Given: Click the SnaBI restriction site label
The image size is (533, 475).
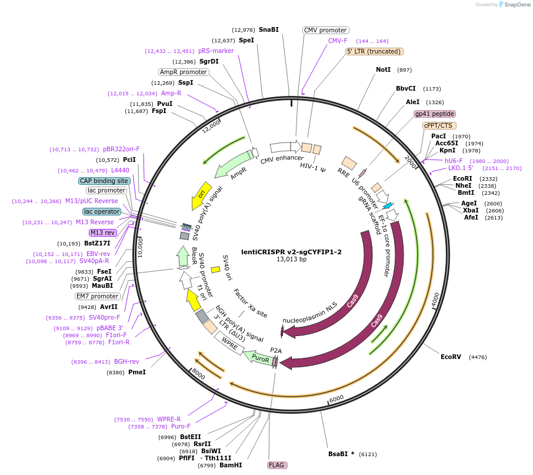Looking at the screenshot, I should [268, 29].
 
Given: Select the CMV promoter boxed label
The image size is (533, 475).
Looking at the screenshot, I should [325, 30].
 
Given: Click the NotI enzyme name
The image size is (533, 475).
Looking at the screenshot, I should [383, 69].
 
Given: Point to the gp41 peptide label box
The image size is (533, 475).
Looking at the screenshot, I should [434, 114].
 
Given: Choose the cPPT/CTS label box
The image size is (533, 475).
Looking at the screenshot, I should [438, 125].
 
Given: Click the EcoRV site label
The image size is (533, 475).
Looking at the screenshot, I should [451, 357].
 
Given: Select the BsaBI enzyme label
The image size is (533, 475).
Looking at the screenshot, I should [339, 454].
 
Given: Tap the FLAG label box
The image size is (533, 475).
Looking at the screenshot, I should [277, 465].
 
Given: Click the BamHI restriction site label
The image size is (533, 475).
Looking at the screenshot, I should [231, 465].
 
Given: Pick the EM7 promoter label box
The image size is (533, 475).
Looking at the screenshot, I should [97, 296].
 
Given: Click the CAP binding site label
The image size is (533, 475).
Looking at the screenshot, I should [104, 181].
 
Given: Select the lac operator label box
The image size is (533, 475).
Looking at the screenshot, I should [101, 211].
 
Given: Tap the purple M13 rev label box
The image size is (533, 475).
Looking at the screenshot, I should [103, 232].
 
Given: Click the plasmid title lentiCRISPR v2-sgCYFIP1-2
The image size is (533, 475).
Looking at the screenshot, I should [291, 251].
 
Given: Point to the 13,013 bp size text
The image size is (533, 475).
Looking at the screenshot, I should [291, 259].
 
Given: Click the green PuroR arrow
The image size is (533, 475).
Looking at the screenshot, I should [259, 357].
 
